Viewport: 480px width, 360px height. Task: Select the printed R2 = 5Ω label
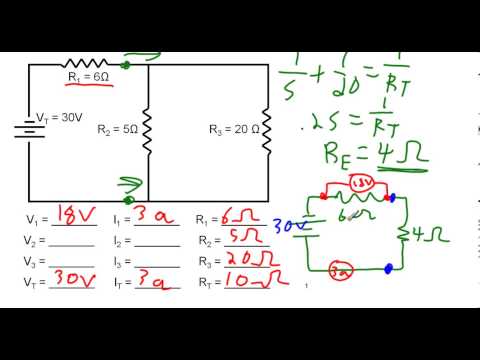(117, 129)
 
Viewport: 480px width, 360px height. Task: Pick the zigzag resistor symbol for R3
(268, 129)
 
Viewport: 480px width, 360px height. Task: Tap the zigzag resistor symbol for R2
(148, 129)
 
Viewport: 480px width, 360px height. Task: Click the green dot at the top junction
(125, 65)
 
